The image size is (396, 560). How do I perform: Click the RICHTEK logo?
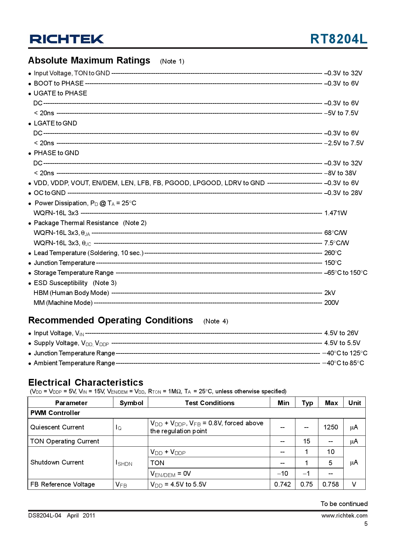tap(67, 39)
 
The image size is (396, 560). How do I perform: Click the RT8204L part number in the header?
tap(339, 39)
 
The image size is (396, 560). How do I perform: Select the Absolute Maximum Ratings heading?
tap(89, 60)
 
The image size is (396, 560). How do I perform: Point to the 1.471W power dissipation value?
tap(335, 213)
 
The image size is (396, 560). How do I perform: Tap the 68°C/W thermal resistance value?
tap(335, 233)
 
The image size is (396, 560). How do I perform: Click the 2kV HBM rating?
tap(330, 293)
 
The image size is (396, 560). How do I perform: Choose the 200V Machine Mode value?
tap(331, 303)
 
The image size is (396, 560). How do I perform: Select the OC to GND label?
tap(49, 193)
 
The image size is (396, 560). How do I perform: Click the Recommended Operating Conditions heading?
tap(110, 320)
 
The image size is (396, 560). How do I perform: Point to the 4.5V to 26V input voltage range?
tap(341, 333)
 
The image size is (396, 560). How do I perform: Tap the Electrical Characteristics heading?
tap(86, 382)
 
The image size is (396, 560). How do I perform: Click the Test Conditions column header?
tap(209, 403)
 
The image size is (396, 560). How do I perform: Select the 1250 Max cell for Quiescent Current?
tap(331, 427)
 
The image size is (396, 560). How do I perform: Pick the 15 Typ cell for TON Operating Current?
tap(307, 441)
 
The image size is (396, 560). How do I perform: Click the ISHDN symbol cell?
tap(124, 463)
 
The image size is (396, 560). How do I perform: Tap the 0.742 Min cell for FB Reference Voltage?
tap(282, 484)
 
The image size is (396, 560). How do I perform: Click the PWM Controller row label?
tap(55, 413)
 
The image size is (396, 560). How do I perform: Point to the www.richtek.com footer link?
tap(344, 515)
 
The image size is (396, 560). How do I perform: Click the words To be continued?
tap(344, 504)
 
